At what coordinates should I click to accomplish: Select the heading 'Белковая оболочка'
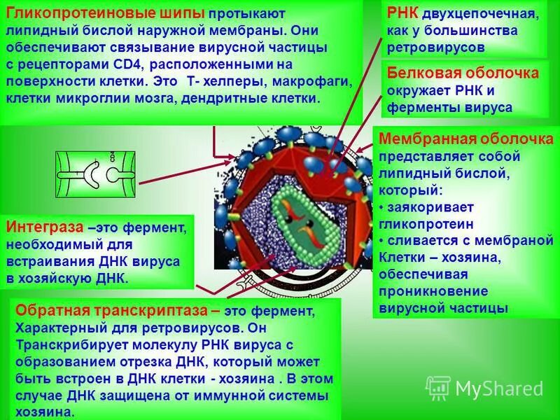click(463, 73)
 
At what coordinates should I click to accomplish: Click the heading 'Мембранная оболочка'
click(465, 139)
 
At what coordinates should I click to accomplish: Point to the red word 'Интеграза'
click(46, 227)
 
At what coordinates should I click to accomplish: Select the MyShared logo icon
click(438, 388)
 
